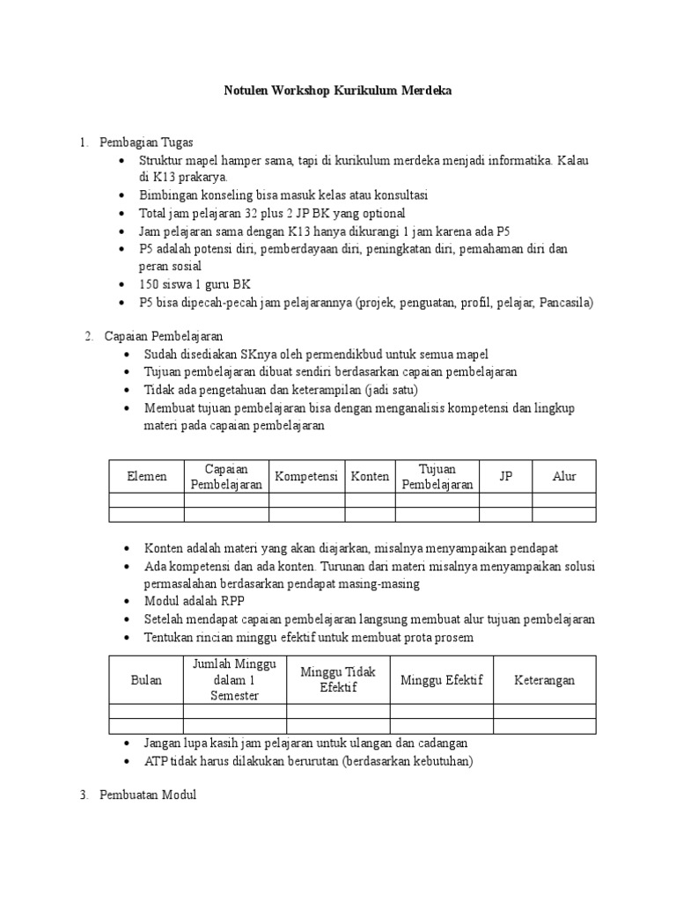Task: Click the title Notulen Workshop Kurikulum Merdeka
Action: coord(338,92)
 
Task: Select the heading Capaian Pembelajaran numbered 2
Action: coord(164,335)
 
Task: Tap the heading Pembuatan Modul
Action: coord(149,795)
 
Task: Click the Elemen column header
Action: coord(146,476)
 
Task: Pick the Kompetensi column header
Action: coord(306,476)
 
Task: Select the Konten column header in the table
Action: coord(370,476)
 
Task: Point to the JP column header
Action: coord(505,476)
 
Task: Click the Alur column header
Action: coord(564,476)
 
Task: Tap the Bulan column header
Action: coord(146,680)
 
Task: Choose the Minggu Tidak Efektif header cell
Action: coord(338,680)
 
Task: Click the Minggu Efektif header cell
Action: coord(441,680)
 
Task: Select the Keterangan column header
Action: coord(545,680)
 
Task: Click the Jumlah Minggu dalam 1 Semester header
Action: coord(235,679)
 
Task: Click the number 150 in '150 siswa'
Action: coord(150,284)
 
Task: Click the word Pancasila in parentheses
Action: coord(563,302)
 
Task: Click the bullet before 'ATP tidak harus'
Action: coord(129,760)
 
